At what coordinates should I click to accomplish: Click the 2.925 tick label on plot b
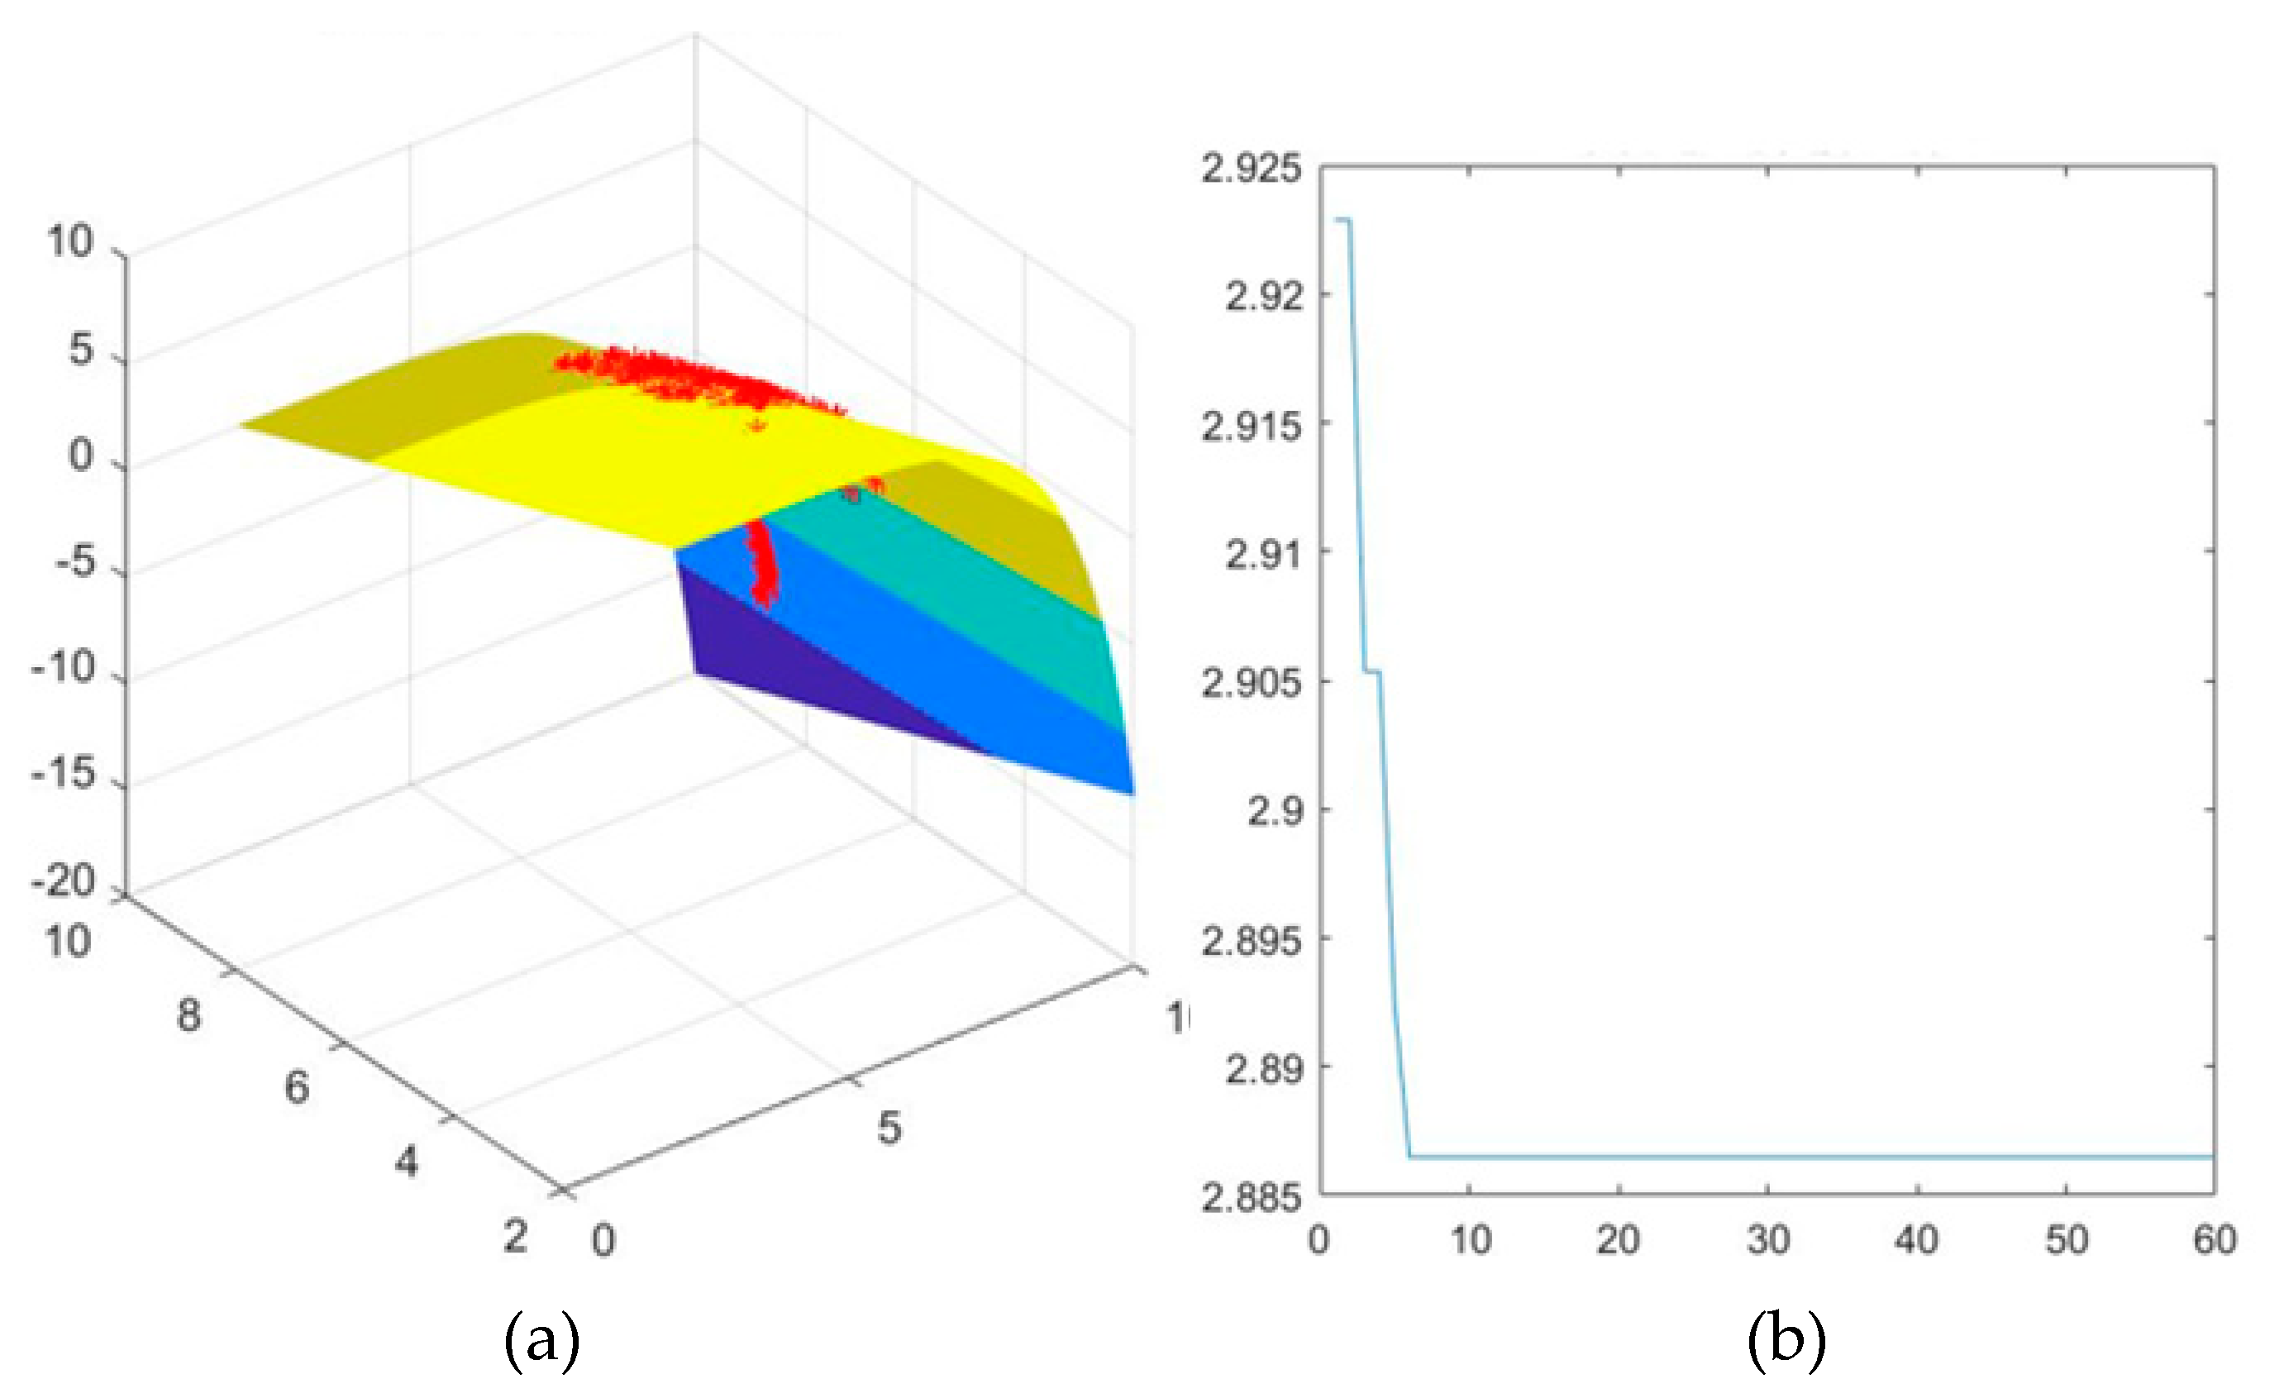(x=1251, y=169)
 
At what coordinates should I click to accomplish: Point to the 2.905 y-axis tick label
(x=1251, y=683)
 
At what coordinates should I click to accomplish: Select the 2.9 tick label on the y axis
(x=1275, y=811)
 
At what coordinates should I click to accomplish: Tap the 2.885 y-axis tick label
(x=1251, y=1197)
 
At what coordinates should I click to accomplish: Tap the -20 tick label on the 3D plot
(x=64, y=881)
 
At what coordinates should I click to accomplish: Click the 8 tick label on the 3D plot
(x=188, y=1015)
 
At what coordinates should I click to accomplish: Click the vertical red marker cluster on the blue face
(x=762, y=564)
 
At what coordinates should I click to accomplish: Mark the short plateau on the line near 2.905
(x=1371, y=671)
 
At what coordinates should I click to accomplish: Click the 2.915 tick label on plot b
(x=1251, y=427)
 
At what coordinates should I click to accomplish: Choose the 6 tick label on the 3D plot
(x=296, y=1087)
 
